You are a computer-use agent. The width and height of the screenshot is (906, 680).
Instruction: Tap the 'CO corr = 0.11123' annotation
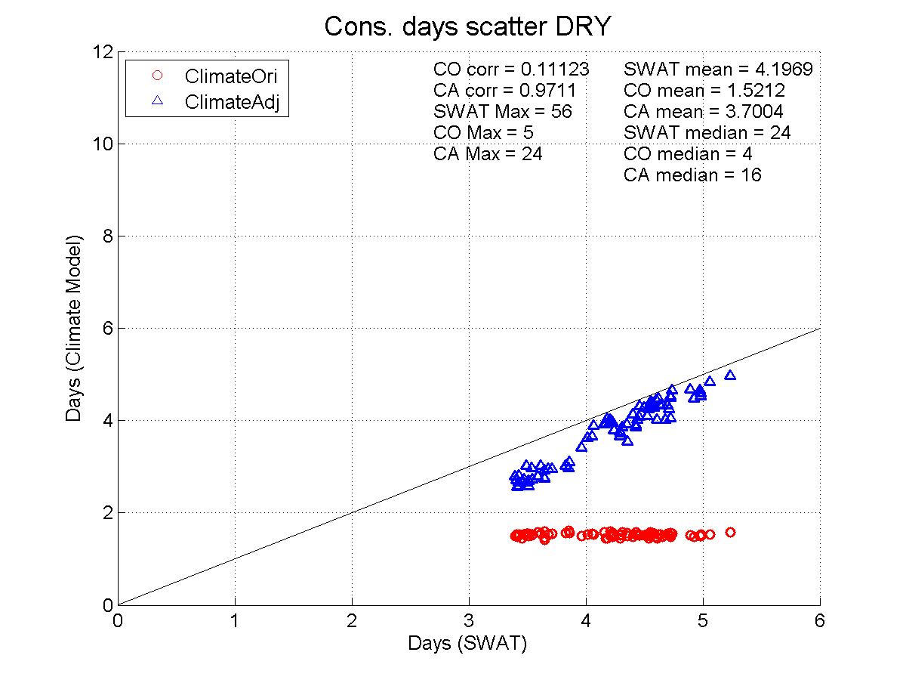point(511,70)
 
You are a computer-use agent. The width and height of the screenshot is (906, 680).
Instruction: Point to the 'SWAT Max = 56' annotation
point(503,112)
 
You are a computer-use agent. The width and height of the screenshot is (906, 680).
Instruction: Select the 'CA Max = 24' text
point(488,154)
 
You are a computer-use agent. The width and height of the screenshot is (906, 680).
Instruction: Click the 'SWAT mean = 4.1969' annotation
point(718,70)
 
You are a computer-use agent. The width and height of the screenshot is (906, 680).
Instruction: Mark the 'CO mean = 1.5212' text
point(704,91)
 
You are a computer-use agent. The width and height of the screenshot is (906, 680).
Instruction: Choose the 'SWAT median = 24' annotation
point(707,133)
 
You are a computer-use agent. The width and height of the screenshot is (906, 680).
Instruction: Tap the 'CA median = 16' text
point(692,175)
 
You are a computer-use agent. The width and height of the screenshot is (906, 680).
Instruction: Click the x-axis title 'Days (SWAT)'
point(467,644)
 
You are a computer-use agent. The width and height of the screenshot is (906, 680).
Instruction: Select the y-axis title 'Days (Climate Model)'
point(74,328)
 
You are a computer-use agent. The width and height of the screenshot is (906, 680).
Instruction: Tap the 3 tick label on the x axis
point(469,621)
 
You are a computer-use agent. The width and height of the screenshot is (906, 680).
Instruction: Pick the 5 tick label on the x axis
point(703,621)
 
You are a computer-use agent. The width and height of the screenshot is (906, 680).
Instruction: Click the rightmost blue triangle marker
point(730,375)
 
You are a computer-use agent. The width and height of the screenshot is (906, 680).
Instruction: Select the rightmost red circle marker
point(730,532)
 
